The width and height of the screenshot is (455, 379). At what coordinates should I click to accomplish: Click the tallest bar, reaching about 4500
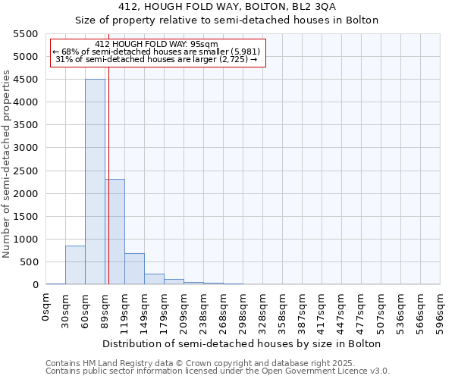coord(95,182)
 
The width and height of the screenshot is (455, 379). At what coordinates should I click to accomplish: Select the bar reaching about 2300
coord(115,231)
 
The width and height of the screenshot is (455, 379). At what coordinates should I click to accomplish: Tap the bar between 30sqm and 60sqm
coord(75,265)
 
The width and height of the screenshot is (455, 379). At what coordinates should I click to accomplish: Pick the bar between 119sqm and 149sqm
coord(134,269)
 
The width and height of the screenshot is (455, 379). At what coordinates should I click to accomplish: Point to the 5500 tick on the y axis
coord(27,34)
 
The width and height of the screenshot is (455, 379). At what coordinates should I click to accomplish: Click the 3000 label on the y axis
coord(27,148)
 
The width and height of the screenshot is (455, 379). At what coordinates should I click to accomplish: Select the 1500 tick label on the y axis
coord(27,217)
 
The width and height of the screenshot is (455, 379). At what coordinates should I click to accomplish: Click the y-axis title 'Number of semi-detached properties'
coord(8,164)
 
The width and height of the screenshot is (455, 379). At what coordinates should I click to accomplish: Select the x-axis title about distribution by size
coord(243,343)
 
